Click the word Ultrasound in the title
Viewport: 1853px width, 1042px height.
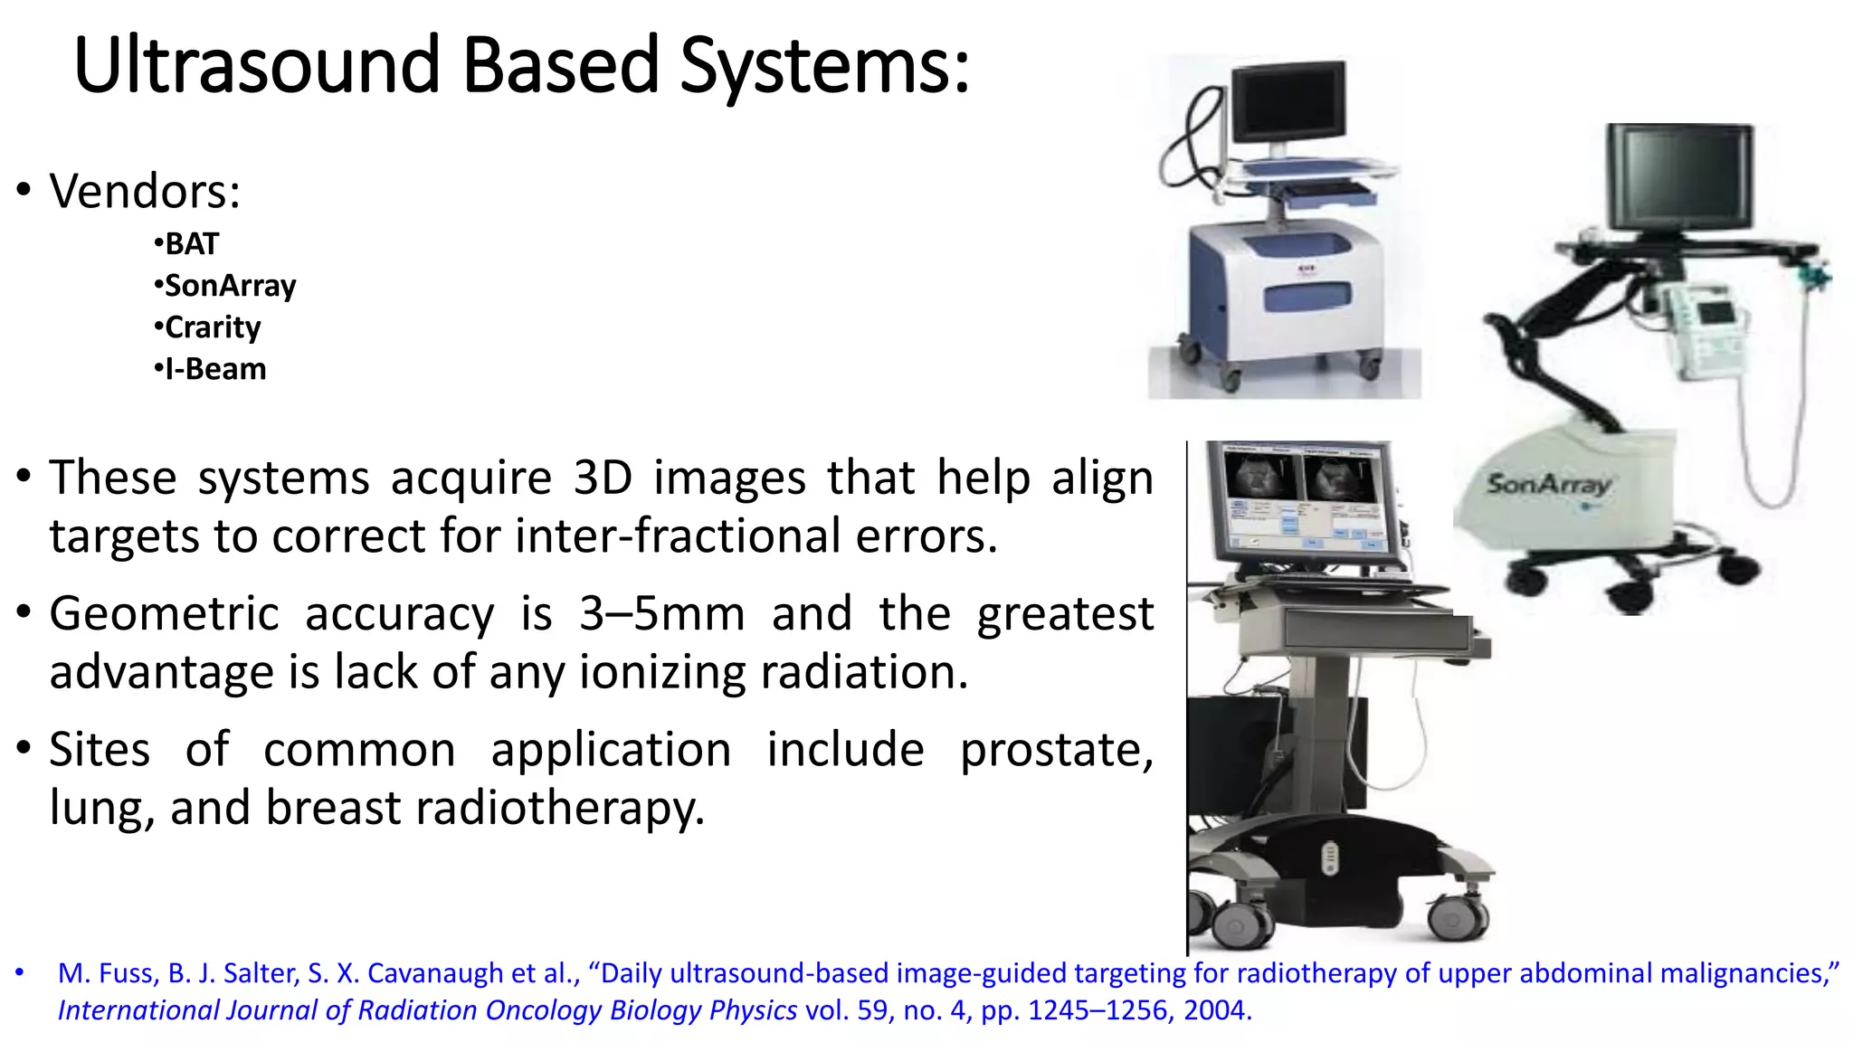click(x=257, y=65)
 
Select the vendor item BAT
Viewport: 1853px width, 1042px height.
click(x=191, y=244)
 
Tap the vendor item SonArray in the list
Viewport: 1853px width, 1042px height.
click(x=230, y=286)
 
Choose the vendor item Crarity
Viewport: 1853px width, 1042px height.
click(x=212, y=327)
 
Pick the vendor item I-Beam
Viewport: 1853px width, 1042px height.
click(x=214, y=369)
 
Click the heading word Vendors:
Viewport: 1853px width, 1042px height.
click(x=145, y=192)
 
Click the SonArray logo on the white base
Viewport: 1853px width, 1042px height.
click(x=1549, y=485)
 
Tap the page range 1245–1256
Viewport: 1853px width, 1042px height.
click(x=1098, y=1010)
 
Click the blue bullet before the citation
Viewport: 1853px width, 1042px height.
click(x=19, y=973)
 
